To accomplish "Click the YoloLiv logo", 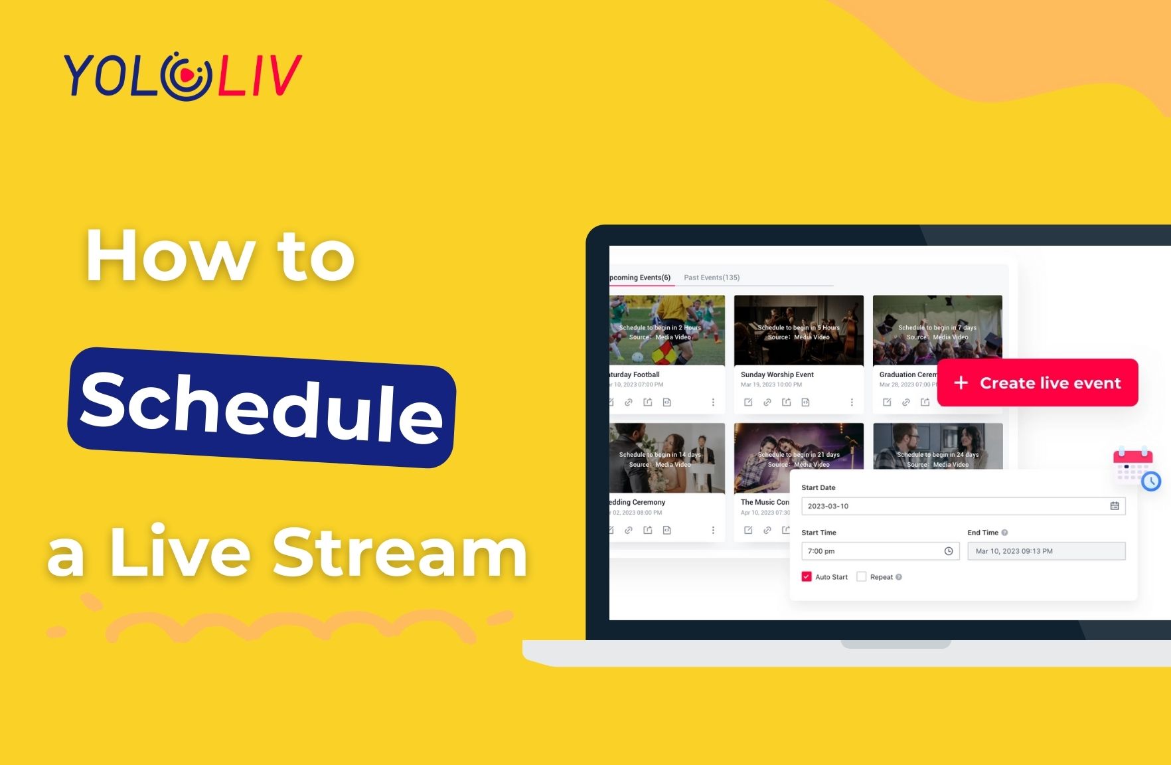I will click(183, 75).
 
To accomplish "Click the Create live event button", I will click(1037, 383).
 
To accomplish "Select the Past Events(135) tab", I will click(712, 278).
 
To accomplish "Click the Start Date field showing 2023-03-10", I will click(949, 506).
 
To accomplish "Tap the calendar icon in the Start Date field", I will click(1115, 506).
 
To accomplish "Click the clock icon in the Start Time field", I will click(949, 551).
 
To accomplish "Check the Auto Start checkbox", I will click(807, 577).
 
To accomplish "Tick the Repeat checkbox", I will click(862, 577).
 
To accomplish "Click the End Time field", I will click(1046, 551).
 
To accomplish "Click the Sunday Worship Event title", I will click(777, 375).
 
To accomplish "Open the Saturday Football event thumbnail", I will click(666, 330).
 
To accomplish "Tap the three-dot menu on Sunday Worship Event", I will click(852, 402).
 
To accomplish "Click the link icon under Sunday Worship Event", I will click(767, 402).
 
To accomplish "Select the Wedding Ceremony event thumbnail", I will click(666, 458).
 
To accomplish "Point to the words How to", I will click(220, 256).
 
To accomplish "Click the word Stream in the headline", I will click(400, 552).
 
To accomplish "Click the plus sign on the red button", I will click(961, 383).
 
